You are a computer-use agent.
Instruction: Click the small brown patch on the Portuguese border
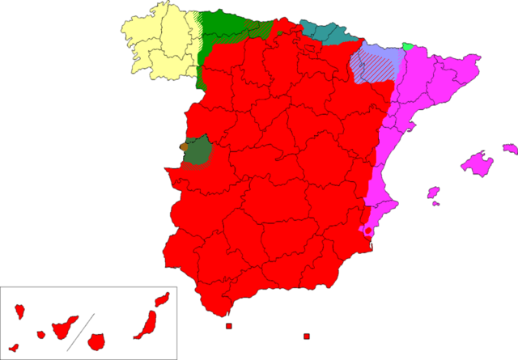[180, 148]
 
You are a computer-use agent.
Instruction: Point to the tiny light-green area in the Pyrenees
[408, 46]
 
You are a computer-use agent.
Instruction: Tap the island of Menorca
[509, 148]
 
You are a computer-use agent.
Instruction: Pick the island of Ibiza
[433, 193]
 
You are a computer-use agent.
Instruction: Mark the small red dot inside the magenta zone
[368, 231]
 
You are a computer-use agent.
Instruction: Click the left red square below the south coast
[229, 326]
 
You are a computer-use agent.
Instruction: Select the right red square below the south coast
[306, 336]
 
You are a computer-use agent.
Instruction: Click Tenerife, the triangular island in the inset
[63, 328]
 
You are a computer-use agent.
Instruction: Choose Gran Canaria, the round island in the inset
[98, 341]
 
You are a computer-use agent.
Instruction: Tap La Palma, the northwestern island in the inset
[19, 311]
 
